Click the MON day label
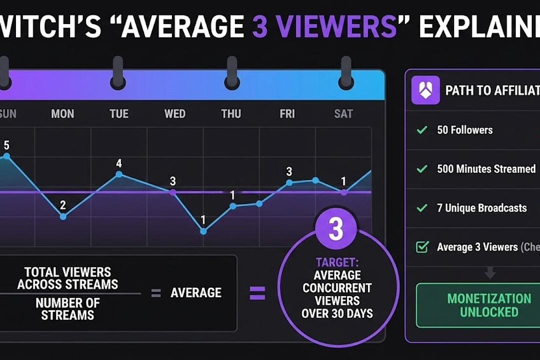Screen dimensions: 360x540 coord(62,114)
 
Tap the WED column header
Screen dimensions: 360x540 coord(175,114)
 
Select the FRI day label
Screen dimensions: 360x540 coord(287,114)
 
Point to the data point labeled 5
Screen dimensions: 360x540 coord(6,156)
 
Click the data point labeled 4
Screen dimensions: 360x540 coord(119,174)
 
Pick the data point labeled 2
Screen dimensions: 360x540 coord(63,216)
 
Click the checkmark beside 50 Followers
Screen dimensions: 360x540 coord(422,130)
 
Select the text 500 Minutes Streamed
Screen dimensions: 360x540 coord(486,169)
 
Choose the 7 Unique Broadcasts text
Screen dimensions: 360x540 coord(481,208)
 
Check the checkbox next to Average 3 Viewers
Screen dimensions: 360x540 coord(422,247)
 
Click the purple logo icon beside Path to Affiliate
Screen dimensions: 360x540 coord(425,90)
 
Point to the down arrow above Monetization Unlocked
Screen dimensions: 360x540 coord(490,272)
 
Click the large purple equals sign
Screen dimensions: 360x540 coord(257,292)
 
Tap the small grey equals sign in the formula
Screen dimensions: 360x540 coord(156,293)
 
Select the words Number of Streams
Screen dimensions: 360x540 coord(67,309)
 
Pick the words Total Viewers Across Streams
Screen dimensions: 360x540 coord(67,278)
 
